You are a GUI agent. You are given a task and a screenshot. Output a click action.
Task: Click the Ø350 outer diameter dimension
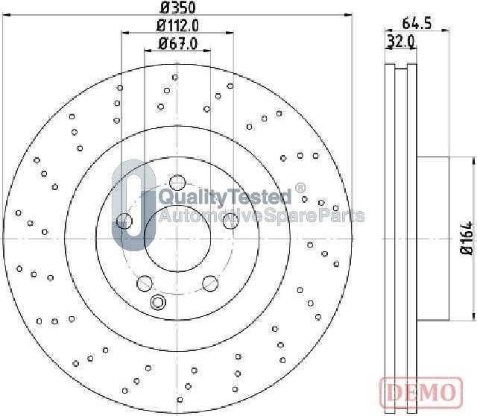177,7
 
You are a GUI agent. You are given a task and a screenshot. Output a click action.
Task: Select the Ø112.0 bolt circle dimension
177,25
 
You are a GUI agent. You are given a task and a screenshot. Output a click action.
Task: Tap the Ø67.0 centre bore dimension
177,43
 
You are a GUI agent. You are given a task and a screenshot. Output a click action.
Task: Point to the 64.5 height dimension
417,23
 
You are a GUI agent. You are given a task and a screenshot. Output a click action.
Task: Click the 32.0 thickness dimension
401,42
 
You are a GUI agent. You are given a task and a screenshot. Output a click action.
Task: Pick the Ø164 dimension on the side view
467,238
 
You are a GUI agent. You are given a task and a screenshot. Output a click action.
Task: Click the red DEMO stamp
421,393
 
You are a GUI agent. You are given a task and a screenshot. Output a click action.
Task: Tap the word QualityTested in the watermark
225,196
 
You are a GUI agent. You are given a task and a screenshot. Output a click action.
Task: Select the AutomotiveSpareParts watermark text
262,215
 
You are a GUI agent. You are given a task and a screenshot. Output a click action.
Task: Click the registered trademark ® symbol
300,188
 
